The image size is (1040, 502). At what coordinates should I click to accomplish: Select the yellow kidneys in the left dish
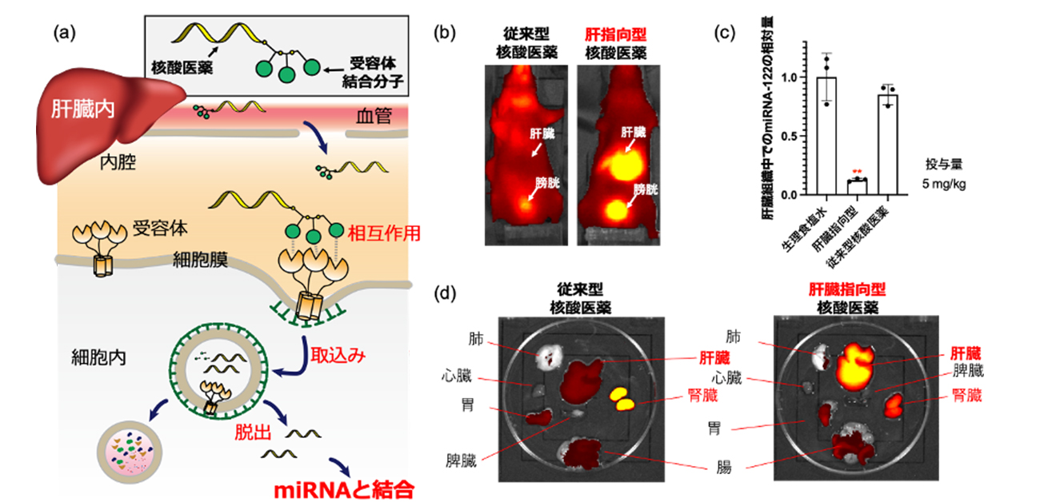pyautogui.click(x=621, y=396)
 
